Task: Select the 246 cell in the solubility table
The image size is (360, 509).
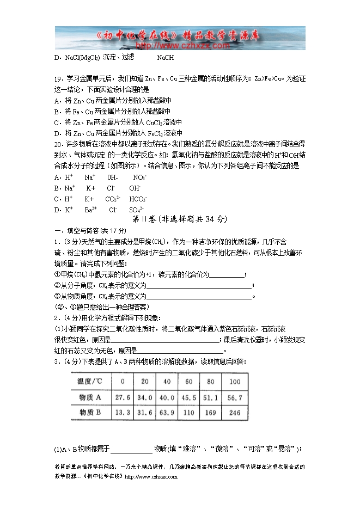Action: [234, 412]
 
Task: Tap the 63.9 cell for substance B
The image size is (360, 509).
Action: [167, 412]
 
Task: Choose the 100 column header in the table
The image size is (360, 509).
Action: [234, 381]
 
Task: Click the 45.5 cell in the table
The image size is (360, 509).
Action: [188, 397]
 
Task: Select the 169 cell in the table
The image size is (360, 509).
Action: [211, 412]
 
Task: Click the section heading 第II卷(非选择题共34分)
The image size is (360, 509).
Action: [179, 219]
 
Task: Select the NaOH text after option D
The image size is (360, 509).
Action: [165, 57]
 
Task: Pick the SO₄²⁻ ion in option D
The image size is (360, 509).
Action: [136, 210]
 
